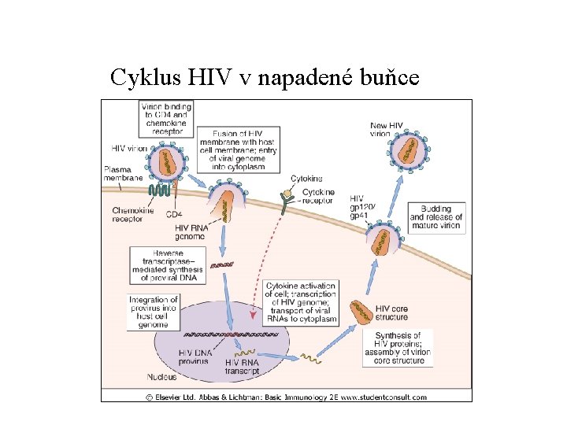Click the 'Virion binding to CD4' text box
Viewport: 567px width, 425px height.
click(x=161, y=119)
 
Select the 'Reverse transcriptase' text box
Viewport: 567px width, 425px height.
click(x=169, y=264)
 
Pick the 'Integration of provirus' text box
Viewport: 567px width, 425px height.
click(x=154, y=312)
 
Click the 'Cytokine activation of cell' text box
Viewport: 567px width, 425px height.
click(x=301, y=302)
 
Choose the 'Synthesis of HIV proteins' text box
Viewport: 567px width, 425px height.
click(x=398, y=347)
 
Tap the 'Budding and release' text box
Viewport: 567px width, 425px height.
click(x=435, y=216)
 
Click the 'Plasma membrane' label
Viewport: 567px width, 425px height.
click(x=123, y=174)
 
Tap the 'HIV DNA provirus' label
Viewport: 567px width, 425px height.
click(x=196, y=357)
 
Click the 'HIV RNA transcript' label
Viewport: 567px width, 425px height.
click(x=247, y=365)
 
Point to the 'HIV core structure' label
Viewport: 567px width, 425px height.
click(x=392, y=312)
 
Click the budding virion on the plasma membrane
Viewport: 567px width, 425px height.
click(x=384, y=238)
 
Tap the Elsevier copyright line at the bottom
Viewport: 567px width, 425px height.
click(x=286, y=396)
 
